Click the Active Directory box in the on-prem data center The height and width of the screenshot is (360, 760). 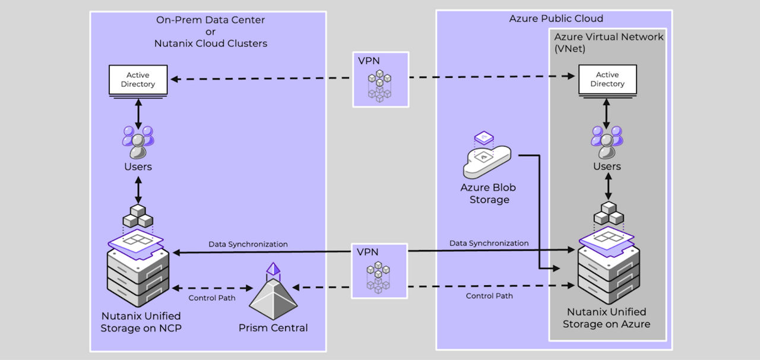coord(138,80)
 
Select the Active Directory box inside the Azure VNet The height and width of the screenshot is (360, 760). coord(607,80)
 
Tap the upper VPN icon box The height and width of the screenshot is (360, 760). coord(381,80)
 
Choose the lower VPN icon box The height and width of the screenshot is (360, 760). coord(380,270)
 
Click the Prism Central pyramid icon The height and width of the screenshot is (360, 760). coord(273,295)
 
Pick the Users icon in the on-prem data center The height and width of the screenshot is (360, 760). coord(138,141)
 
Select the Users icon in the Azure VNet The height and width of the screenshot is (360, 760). coord(607,141)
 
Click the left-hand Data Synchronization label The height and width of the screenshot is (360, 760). coord(248,244)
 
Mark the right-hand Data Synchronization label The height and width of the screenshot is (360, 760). coord(489,243)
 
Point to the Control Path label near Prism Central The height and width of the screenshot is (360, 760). coord(212,298)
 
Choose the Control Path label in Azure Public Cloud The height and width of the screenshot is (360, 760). coord(489,295)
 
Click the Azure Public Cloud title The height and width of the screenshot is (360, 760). coord(556,18)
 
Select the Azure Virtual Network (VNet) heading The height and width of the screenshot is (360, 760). coord(608,42)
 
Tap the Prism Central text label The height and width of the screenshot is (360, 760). coord(273,328)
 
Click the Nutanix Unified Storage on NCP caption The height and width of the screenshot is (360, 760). coord(140,321)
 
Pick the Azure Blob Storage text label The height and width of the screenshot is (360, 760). coord(489,194)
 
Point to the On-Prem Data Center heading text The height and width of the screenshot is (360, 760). coord(210,20)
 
